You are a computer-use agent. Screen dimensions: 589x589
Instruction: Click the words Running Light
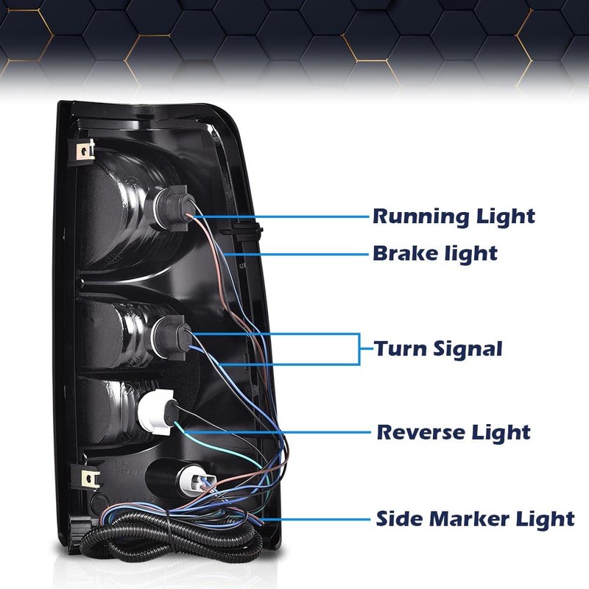tap(454, 216)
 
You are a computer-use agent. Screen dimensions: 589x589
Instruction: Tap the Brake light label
tap(435, 253)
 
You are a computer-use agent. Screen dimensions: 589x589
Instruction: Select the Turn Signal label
tap(438, 348)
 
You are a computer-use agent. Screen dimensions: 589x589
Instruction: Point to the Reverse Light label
tap(454, 432)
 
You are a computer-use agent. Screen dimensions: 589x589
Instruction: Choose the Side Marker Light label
tap(475, 519)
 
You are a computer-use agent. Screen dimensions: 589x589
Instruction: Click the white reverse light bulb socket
tap(157, 412)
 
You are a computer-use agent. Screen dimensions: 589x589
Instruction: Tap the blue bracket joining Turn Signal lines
tap(359, 348)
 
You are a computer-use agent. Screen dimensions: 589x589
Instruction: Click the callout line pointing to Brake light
tap(297, 254)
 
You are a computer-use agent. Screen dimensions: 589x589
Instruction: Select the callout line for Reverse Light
tap(278, 432)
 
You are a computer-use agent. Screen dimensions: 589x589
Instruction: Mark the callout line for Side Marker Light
tap(315, 520)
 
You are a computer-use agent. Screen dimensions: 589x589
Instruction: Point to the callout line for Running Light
tap(282, 216)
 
